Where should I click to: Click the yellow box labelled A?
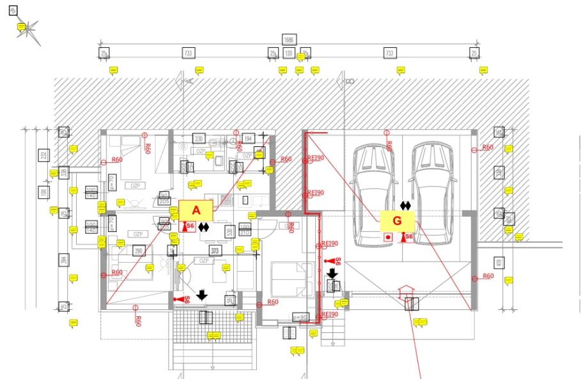point(196,210)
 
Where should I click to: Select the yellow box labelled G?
point(397,220)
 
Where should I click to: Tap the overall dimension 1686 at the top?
point(291,40)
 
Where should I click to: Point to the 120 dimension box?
point(289,53)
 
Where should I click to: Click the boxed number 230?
point(199,139)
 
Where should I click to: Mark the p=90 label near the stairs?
point(299,317)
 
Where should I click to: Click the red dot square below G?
point(387,236)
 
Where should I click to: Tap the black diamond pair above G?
point(405,205)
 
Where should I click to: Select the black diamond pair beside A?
point(203,226)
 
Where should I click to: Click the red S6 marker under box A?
point(187,226)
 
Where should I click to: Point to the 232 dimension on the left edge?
point(43,154)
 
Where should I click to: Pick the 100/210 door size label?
point(244,229)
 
